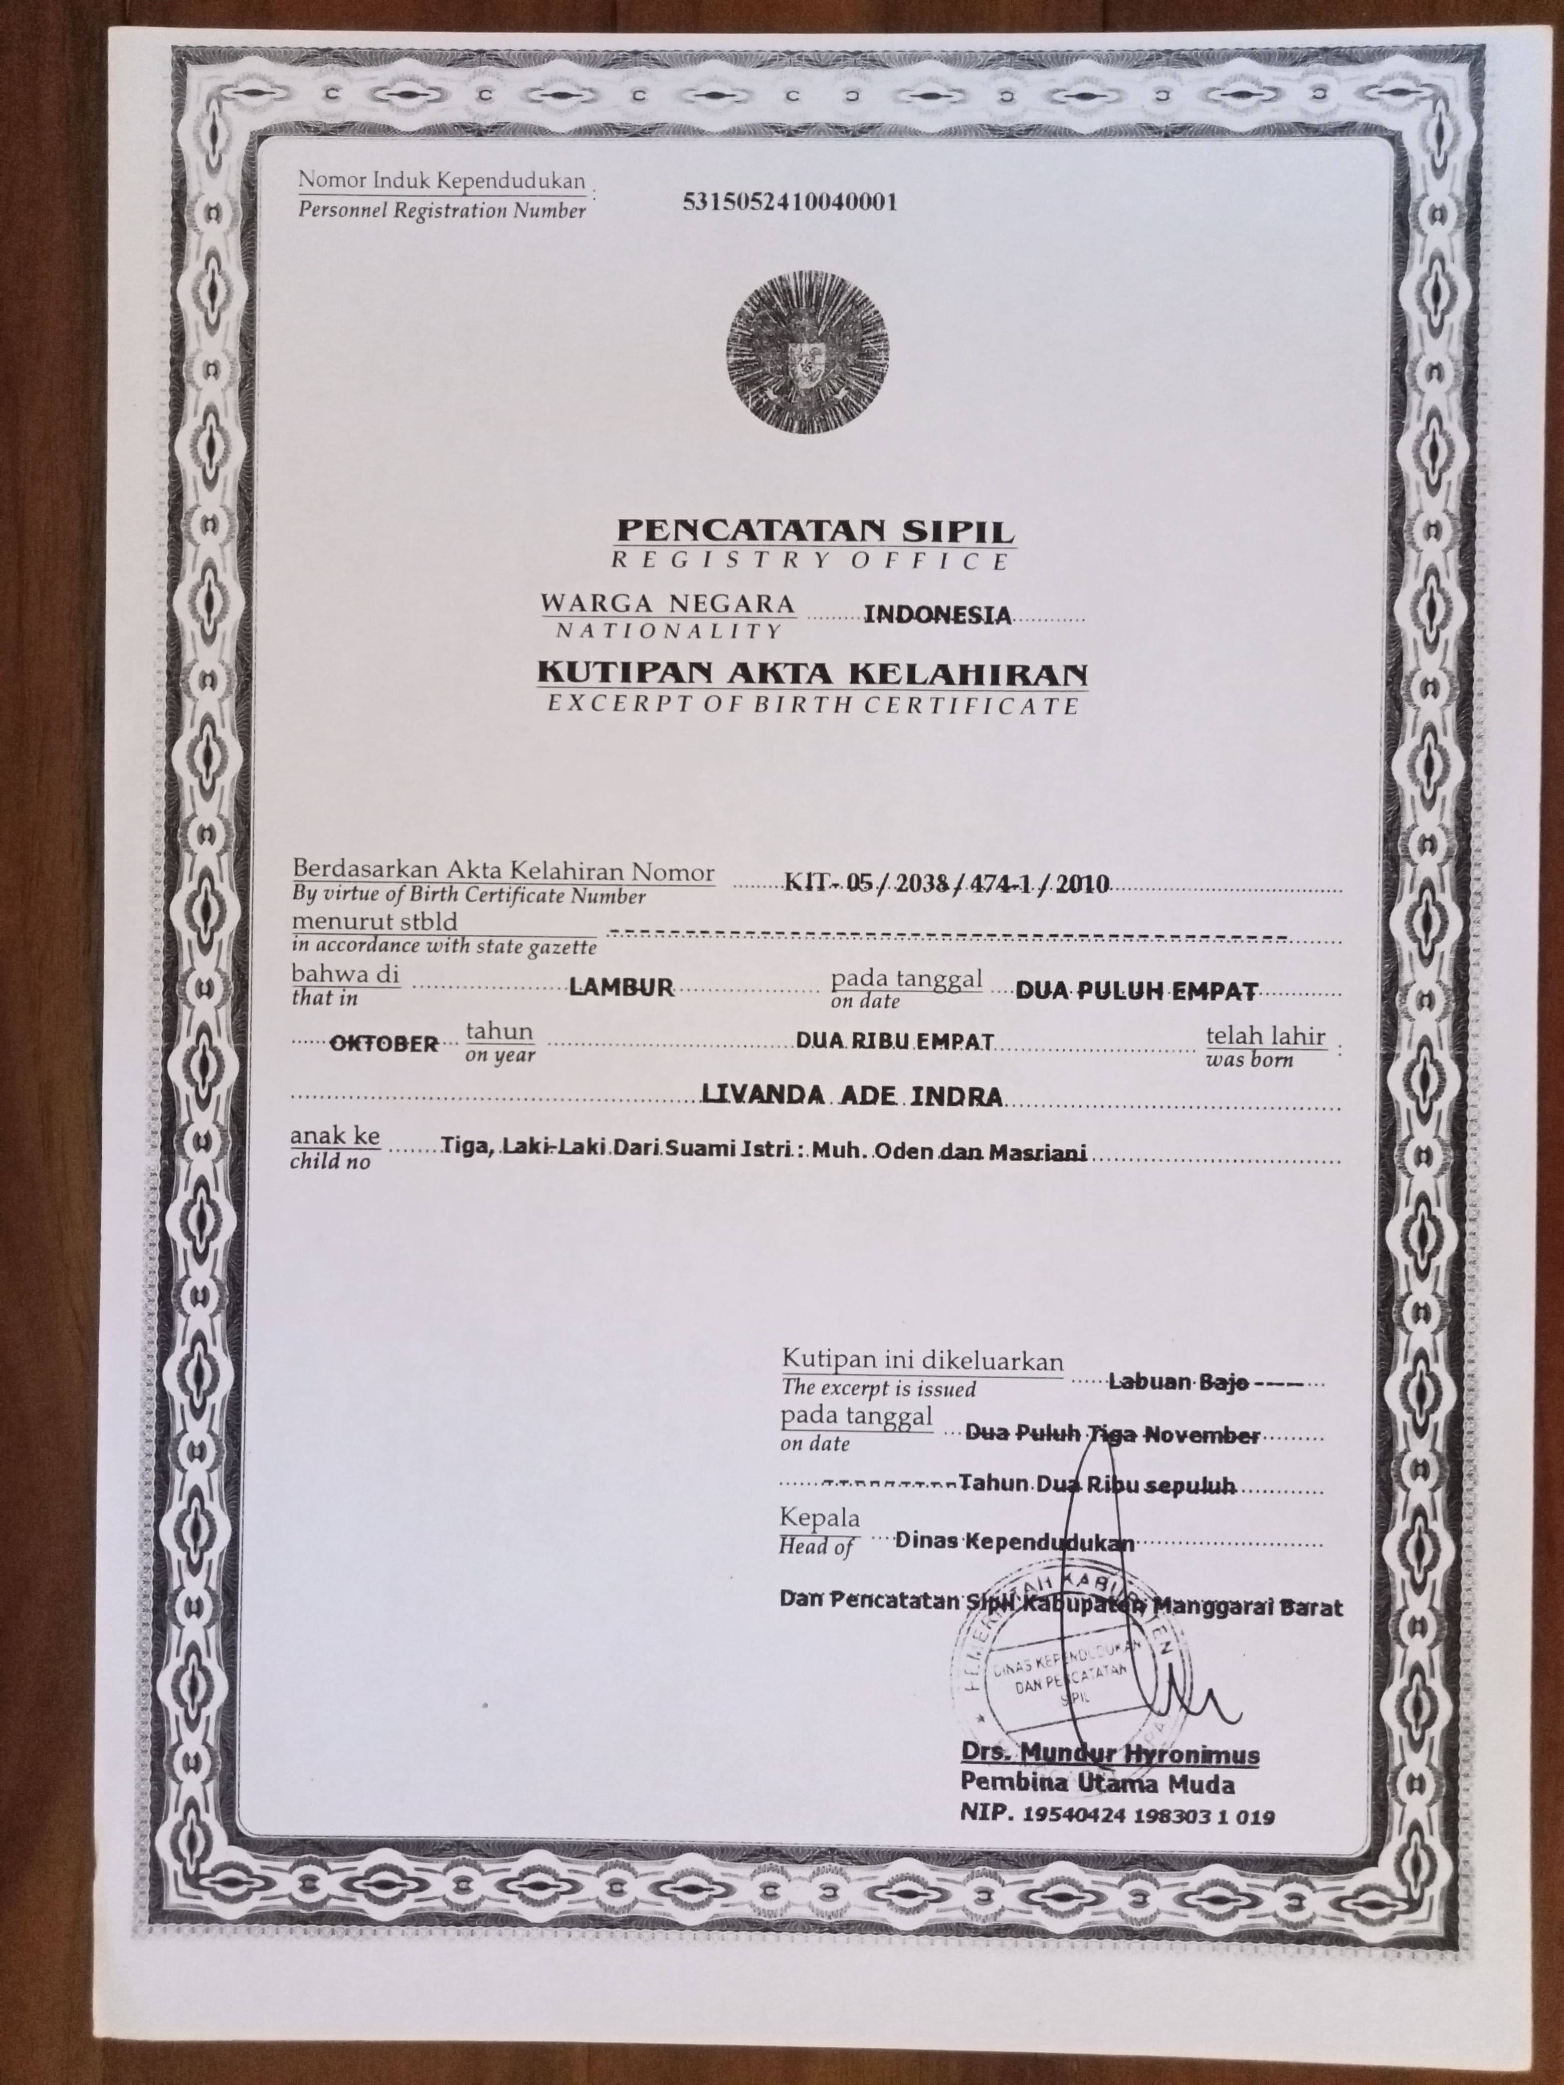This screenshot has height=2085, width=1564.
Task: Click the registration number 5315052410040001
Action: pyautogui.click(x=789, y=201)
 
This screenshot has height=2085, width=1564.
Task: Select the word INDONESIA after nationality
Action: pyautogui.click(x=937, y=615)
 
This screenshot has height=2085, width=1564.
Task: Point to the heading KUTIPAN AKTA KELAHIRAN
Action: pyautogui.click(x=812, y=673)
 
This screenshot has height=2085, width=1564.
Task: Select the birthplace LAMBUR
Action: pyautogui.click(x=621, y=987)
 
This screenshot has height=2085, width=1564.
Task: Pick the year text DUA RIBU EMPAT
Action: pyautogui.click(x=895, y=1040)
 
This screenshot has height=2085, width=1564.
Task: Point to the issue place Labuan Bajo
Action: pyautogui.click(x=1179, y=1382)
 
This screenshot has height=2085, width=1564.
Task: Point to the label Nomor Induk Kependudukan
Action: pyautogui.click(x=441, y=180)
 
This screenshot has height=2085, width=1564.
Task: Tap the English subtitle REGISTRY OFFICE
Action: pyautogui.click(x=811, y=561)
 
